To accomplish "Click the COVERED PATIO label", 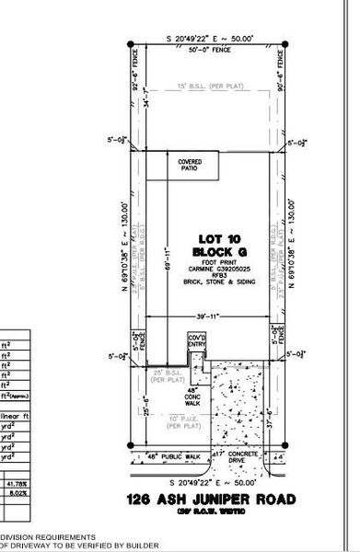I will coord(190,165).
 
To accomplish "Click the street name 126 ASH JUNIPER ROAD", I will coord(212,500).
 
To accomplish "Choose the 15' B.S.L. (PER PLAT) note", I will coord(208,88).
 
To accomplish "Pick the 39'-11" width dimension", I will coord(208,317).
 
